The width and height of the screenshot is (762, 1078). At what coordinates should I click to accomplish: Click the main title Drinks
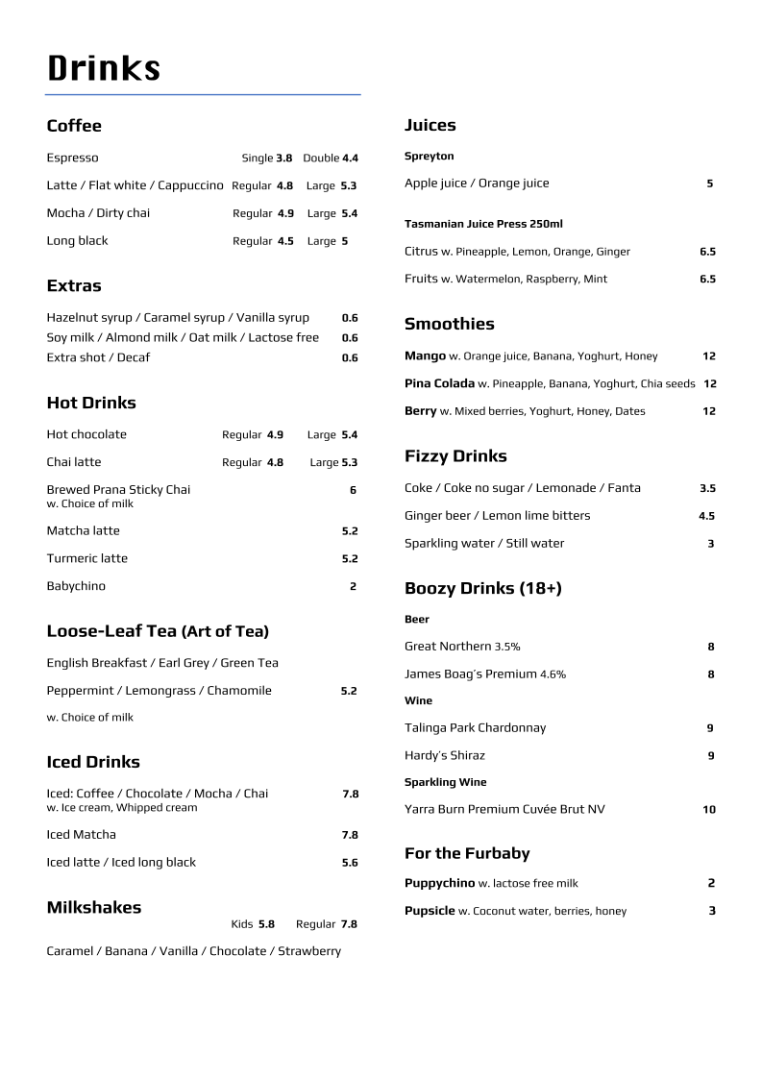104,68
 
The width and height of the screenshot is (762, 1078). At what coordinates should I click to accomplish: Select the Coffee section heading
74,126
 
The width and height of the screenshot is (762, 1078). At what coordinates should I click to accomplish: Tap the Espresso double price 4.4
350,158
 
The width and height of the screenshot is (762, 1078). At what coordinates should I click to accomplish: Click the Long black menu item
77,240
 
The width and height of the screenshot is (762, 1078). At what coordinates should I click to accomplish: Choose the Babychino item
76,586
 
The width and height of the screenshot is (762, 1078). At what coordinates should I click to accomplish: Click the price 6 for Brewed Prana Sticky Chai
353,490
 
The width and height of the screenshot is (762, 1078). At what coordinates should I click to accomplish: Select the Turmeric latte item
86,558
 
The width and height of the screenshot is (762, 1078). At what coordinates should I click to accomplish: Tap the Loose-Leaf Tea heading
158,631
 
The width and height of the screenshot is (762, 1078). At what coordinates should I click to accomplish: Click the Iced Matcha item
81,835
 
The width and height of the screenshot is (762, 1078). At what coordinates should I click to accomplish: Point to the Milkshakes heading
94,907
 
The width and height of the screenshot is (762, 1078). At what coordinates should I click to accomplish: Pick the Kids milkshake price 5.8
266,924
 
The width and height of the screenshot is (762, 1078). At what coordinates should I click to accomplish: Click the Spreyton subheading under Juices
429,156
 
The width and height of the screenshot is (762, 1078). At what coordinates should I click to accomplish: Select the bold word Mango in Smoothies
425,355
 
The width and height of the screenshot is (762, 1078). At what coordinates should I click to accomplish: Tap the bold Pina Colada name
439,383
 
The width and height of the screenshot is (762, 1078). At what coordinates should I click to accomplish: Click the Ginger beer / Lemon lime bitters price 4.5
706,516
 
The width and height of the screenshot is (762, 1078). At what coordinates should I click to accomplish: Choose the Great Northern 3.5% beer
462,647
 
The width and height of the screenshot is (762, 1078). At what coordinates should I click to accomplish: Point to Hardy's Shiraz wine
445,755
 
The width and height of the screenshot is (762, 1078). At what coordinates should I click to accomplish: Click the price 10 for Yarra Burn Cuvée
708,810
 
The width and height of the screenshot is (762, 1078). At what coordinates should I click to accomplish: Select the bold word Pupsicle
430,911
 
